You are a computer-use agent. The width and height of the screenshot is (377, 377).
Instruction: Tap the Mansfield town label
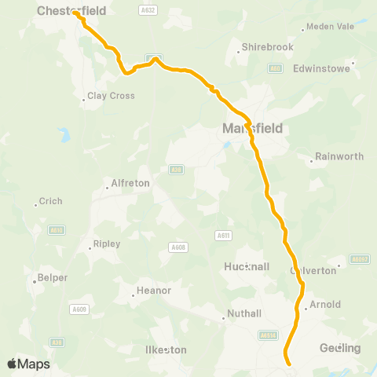[251, 127]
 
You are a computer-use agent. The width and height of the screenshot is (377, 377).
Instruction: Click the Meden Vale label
[330, 26]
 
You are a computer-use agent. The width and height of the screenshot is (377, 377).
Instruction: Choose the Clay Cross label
[111, 96]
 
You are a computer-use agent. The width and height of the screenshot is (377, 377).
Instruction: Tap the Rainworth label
[339, 156]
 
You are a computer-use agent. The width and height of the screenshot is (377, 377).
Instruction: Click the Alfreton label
[130, 183]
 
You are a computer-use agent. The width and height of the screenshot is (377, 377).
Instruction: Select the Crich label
[50, 201]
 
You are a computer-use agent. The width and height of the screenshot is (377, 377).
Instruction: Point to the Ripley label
[107, 243]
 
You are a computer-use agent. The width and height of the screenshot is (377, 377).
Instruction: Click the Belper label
[52, 278]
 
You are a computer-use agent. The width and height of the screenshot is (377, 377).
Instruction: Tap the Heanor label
[154, 291]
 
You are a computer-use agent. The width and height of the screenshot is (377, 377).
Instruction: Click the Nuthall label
[243, 314]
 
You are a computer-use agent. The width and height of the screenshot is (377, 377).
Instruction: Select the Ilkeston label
[167, 349]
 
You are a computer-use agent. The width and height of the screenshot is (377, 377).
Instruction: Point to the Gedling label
[340, 348]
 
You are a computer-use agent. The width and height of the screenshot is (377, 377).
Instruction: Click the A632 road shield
[147, 9]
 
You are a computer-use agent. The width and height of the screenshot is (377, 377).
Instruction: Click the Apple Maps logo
[28, 364]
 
